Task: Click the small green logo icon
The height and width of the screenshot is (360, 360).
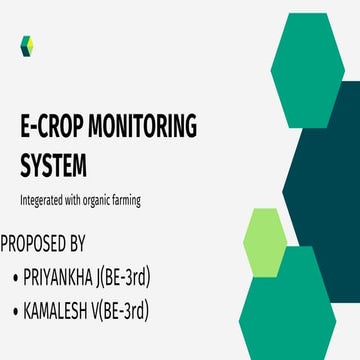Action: [x=27, y=44]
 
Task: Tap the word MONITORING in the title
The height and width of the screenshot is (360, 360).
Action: [x=146, y=128]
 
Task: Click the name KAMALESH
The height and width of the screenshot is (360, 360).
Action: [x=60, y=312]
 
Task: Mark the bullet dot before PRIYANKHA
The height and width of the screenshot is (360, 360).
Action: [x=13, y=278]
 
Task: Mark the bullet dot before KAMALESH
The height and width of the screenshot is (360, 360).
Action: [x=13, y=313]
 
